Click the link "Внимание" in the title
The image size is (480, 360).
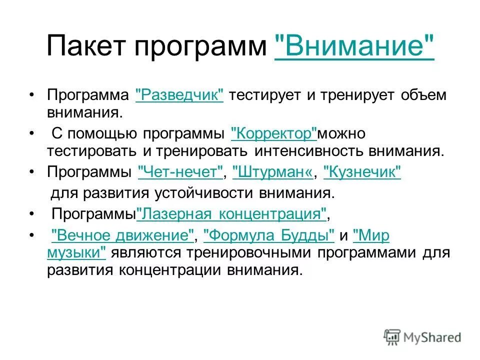[x=354, y=47]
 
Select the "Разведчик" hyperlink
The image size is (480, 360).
[x=179, y=95]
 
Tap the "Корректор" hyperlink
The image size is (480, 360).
[x=274, y=134]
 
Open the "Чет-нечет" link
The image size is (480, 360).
[x=180, y=172]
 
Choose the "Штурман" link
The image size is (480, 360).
[x=273, y=172]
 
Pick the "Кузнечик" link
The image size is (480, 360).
[x=362, y=172]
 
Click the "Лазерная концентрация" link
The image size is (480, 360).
[x=231, y=214]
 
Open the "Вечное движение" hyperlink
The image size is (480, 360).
[x=123, y=235]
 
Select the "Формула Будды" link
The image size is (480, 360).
[x=269, y=235]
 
